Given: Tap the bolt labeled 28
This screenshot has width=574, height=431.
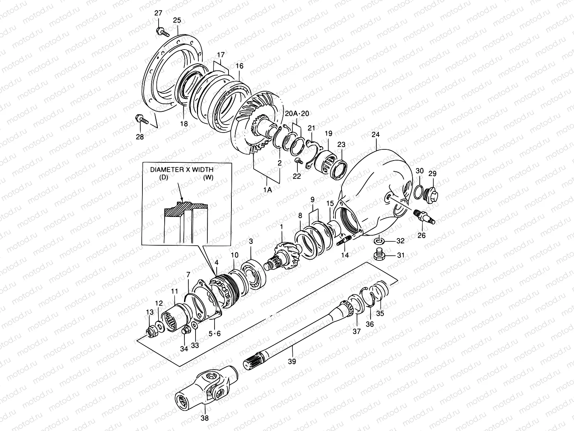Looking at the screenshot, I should pos(141,120).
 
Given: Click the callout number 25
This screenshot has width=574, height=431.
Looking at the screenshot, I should pos(177,20).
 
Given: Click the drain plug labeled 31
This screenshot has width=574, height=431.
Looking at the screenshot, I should pos(380,255).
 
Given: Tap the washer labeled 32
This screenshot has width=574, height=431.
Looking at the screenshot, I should pos(378,240).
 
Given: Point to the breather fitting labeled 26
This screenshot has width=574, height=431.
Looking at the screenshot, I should pos(424,215).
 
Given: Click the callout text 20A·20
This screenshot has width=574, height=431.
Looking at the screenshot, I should pos(297,114).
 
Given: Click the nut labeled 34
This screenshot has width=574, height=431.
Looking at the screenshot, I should pos(185,329).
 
